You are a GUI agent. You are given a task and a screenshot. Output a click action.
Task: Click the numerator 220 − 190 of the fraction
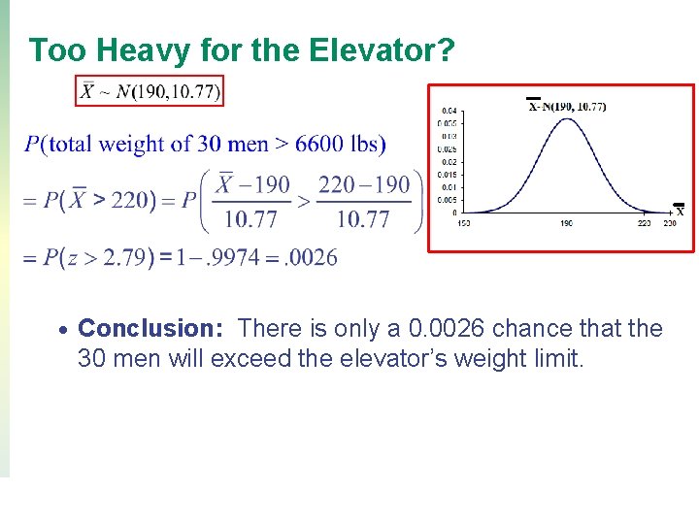coord(364,184)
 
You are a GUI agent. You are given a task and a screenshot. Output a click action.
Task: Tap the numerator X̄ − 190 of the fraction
coord(252,184)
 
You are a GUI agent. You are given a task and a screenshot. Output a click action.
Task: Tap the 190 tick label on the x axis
coord(566,223)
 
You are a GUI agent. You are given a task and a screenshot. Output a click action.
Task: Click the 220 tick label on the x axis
coord(644,223)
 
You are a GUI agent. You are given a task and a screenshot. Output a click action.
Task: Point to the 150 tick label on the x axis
coord(462,223)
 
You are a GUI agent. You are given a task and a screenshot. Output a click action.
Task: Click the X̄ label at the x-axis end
coord(679,210)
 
